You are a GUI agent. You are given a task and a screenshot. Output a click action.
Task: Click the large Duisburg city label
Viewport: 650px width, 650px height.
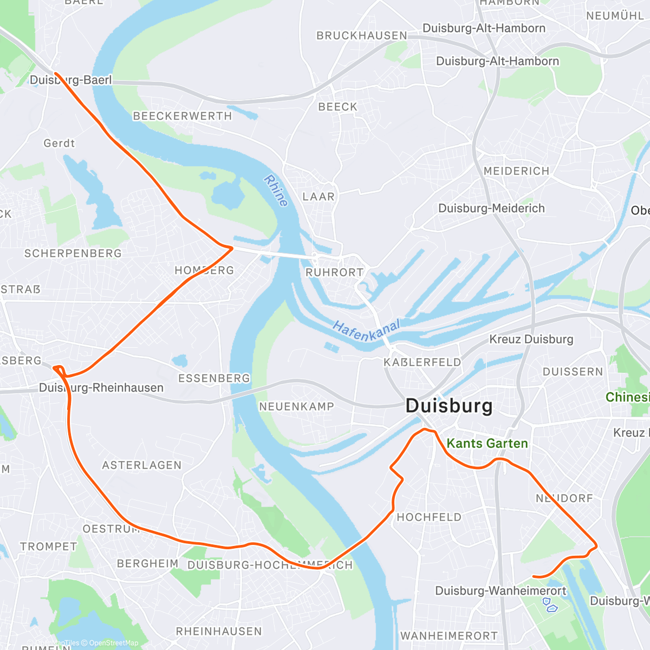pos(449,406)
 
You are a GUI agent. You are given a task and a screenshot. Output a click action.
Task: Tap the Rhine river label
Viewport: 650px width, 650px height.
pos(276,190)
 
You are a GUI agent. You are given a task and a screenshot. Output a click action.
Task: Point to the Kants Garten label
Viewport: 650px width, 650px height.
pos(487,444)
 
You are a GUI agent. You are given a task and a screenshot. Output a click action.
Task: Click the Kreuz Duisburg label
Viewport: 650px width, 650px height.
pos(531,340)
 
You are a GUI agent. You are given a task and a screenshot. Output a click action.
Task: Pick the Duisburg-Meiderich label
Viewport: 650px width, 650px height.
pos(491,209)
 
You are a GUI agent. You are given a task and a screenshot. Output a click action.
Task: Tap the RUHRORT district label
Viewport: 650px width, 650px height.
pos(334,272)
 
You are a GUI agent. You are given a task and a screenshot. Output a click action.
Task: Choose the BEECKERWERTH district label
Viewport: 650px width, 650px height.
pos(182,116)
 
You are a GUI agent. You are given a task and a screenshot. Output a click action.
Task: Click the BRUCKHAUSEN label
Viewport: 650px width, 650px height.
pos(362,36)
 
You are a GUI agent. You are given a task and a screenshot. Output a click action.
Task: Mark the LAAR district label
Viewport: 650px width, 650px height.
pos(318,197)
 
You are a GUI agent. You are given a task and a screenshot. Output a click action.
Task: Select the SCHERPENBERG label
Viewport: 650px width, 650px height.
pos(73,253)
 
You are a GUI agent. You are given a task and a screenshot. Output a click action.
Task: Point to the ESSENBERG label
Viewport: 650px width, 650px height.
pos(214,378)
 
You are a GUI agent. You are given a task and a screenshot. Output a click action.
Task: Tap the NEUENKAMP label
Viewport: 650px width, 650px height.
pos(296,406)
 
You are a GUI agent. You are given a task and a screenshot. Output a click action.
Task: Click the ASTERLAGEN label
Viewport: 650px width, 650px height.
pos(142,465)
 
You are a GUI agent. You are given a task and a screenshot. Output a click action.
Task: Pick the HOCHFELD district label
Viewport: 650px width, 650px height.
pos(429,517)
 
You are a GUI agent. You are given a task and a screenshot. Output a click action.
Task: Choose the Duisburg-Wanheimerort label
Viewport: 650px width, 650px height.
pos(500,591)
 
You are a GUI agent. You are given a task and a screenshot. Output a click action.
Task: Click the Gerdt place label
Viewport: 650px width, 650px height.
pos(59,144)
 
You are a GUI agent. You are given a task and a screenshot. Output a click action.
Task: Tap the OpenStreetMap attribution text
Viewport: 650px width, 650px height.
pos(114,643)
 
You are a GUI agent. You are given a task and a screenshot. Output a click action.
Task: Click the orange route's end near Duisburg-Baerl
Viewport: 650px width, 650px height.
pos(56,73)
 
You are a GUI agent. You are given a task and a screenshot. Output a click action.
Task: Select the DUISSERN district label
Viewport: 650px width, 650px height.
pos(573,372)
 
